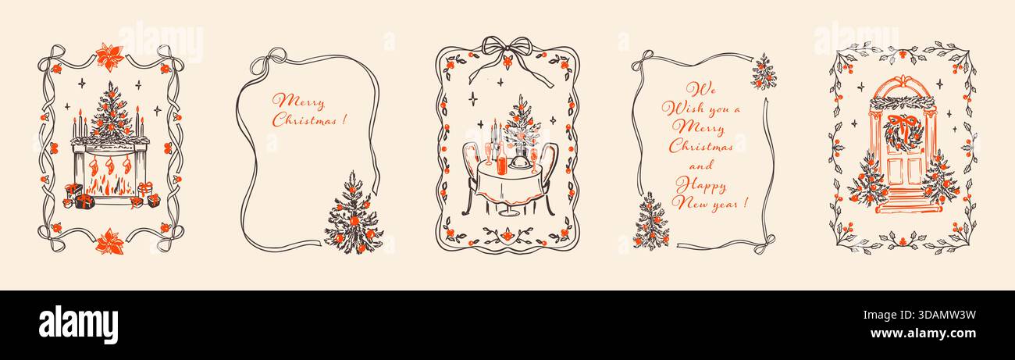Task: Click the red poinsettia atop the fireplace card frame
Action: [x=107, y=55]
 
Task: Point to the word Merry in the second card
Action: [x=295, y=101]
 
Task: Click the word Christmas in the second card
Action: [x=304, y=120]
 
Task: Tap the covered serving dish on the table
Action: [x=517, y=164]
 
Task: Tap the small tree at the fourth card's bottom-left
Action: [x=650, y=222]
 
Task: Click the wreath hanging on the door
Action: [x=903, y=131]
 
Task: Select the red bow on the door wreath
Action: [x=903, y=119]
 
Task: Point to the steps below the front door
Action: [x=903, y=199]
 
